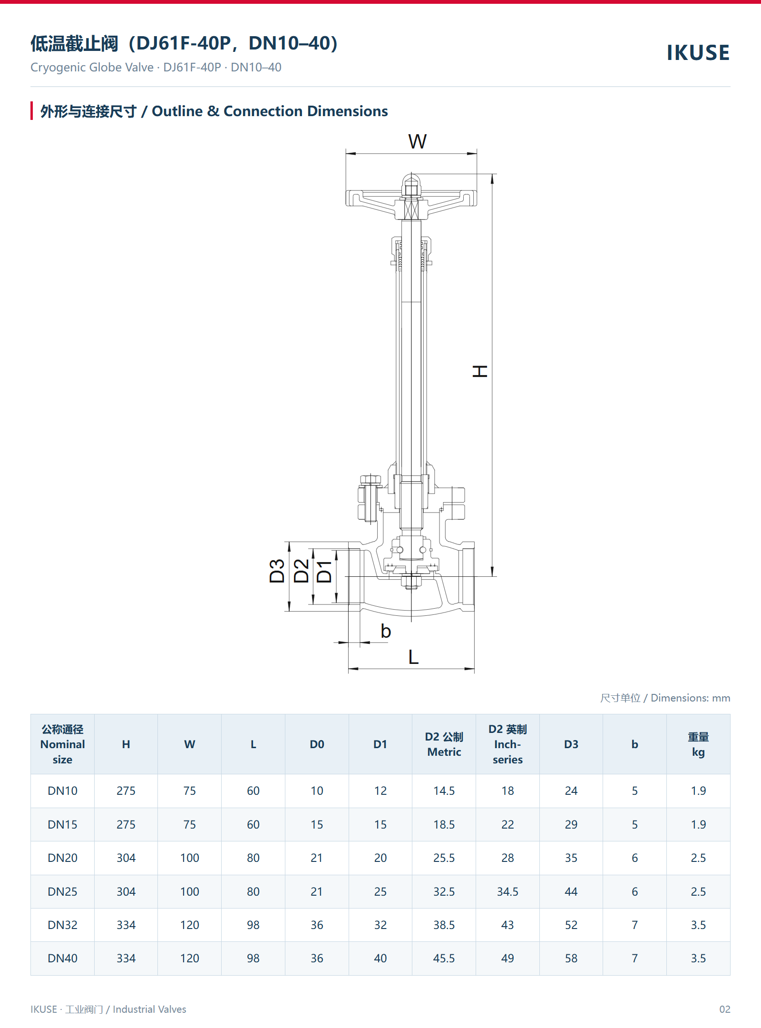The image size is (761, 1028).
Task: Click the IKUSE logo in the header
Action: tap(698, 52)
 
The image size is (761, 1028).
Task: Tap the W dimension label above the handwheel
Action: tap(417, 141)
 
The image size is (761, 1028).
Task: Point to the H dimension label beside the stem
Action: tap(480, 371)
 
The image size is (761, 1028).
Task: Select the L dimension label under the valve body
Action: tap(413, 657)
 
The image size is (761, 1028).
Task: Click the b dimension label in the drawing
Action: tap(386, 631)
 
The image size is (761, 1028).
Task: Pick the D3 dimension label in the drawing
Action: tap(277, 571)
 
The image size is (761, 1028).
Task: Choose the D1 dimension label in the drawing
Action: tap(324, 571)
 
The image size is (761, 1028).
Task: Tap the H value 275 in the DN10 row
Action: tap(126, 791)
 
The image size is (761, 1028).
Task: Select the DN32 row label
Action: tap(62, 925)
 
